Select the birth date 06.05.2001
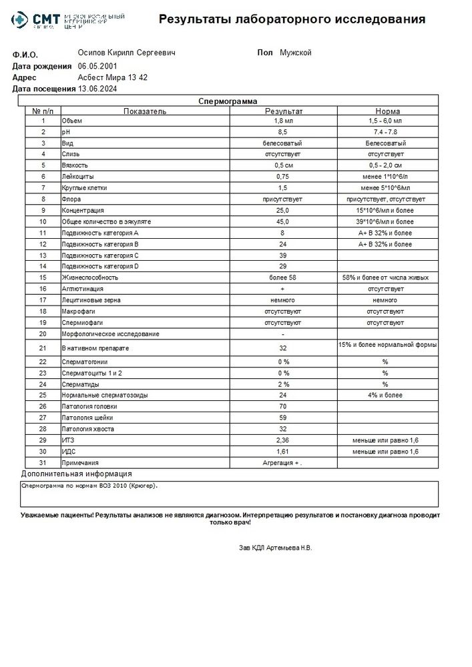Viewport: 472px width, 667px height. pyautogui.click(x=97, y=66)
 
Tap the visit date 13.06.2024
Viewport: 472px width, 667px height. pyautogui.click(x=97, y=88)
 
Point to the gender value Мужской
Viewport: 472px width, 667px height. pyautogui.click(x=296, y=53)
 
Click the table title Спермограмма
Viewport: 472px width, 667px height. pyautogui.click(x=228, y=101)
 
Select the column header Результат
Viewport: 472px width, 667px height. pyautogui.click(x=284, y=111)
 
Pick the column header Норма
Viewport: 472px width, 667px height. pyautogui.click(x=387, y=111)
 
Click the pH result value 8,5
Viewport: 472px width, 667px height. pyautogui.click(x=284, y=133)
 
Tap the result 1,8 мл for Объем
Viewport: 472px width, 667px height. pyautogui.click(x=284, y=121)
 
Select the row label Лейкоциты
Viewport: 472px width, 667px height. pyautogui.click(x=77, y=177)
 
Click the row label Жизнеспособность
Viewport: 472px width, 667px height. pyautogui.click(x=90, y=277)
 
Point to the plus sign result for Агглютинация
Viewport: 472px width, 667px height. pyautogui.click(x=284, y=288)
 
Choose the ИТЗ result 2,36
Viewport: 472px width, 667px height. pyautogui.click(x=284, y=441)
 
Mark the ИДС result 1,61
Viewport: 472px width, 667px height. pyautogui.click(x=284, y=452)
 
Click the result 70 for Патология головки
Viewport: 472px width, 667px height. pyautogui.click(x=284, y=406)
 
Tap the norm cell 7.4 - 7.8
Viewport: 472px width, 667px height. pyautogui.click(x=387, y=133)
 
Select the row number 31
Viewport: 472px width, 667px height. pyautogui.click(x=43, y=462)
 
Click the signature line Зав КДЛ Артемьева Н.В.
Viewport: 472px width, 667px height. pyautogui.click(x=275, y=548)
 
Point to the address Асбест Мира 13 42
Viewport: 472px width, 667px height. pyautogui.click(x=112, y=77)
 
